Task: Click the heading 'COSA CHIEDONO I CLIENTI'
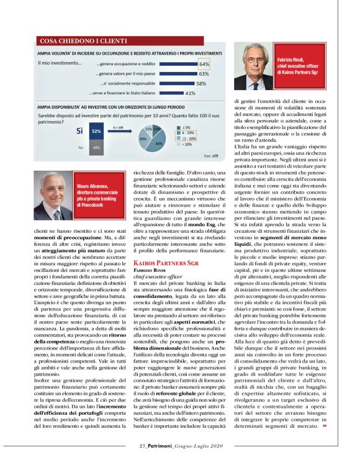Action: pyautogui.click(x=74, y=41)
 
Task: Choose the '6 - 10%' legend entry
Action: pyautogui.click(x=186, y=133)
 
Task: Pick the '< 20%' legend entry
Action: pyautogui.click(x=186, y=144)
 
